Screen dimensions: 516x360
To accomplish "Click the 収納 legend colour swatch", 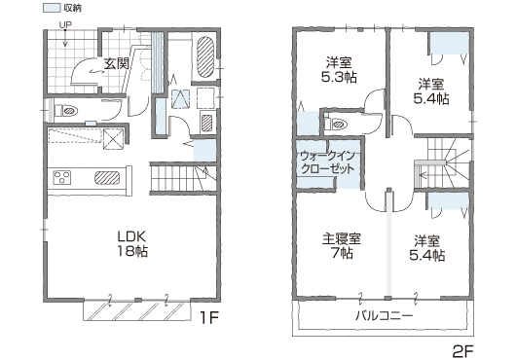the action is coord(52,8).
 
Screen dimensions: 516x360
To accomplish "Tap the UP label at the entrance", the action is coord(65,25).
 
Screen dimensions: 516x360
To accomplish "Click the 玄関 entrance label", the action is coord(117,63).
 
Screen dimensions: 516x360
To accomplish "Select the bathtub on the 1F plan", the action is coord(205,57).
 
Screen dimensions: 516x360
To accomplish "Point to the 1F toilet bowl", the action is coord(70,111).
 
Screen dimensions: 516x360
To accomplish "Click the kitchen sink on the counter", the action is coord(107,178).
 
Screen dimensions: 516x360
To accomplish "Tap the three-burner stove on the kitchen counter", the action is coord(62,177).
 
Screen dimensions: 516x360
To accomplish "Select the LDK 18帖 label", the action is coord(132,243).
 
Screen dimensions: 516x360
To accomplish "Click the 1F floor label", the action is coord(209,318).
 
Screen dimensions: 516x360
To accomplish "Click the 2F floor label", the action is coord(462,352).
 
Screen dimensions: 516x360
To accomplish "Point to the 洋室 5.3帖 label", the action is coord(339,70).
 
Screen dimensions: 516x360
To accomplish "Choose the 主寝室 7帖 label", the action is coord(342,245).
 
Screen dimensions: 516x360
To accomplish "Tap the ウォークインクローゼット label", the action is coord(328,162).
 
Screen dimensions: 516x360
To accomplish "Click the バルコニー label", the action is coord(384,316).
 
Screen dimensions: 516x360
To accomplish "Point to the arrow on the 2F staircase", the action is coord(424,176).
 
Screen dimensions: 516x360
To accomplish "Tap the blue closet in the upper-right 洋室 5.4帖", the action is coord(450,43).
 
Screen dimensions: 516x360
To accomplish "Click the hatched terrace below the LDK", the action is coord(137,310).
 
